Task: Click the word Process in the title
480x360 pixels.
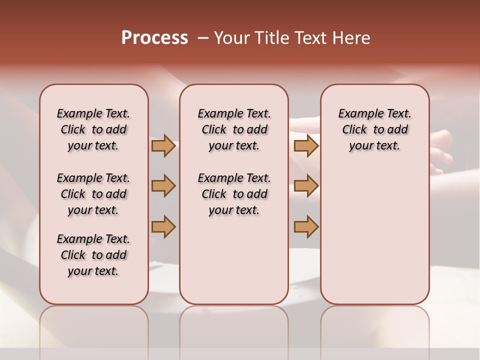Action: click(x=154, y=38)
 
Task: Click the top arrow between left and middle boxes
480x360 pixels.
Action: click(x=163, y=145)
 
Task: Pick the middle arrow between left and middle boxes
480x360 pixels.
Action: click(x=163, y=186)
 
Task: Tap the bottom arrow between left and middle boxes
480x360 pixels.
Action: click(x=163, y=226)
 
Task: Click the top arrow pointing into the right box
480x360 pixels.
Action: click(x=306, y=145)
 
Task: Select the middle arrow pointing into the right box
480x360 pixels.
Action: click(x=306, y=186)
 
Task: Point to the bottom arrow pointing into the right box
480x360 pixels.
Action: click(x=306, y=226)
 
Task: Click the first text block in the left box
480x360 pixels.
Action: click(x=93, y=129)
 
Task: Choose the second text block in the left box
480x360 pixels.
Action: click(x=93, y=194)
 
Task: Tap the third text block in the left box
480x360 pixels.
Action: click(x=93, y=255)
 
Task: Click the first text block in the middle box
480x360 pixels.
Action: click(x=234, y=129)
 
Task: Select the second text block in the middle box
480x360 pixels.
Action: click(x=234, y=194)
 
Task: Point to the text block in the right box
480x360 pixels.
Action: click(x=375, y=129)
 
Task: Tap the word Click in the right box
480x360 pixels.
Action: click(x=354, y=129)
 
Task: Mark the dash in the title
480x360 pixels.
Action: click(x=202, y=38)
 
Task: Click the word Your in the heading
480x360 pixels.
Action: click(x=231, y=38)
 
